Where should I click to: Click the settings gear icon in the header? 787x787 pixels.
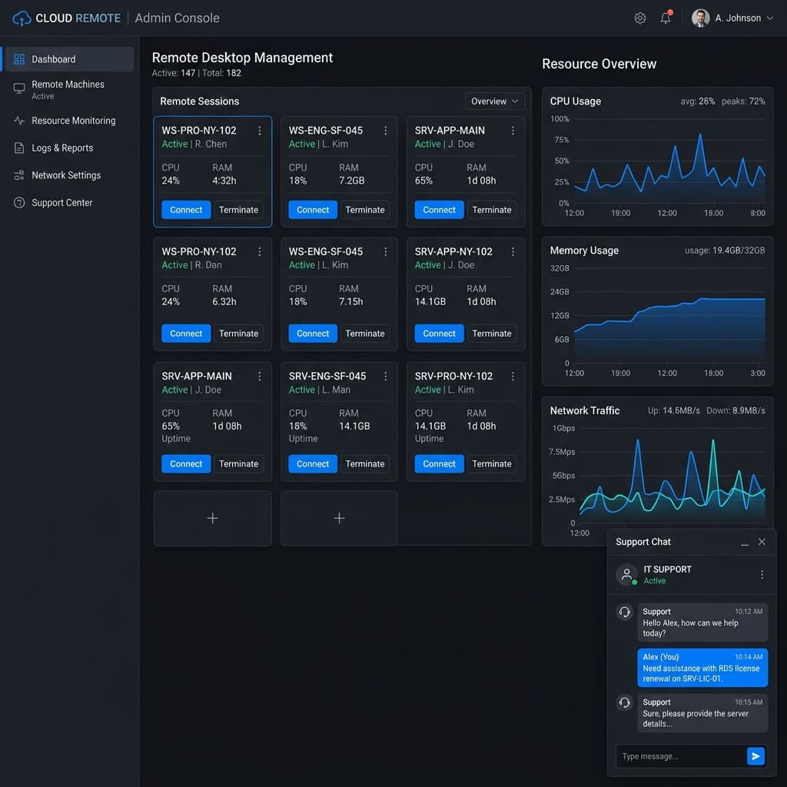639,18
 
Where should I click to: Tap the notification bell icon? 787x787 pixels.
666,18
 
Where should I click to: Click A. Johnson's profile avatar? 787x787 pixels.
700,18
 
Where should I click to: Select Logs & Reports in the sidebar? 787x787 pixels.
62,148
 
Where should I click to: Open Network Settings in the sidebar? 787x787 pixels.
66,175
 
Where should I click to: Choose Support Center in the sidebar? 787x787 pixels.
61,203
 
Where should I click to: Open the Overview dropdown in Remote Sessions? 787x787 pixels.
494,101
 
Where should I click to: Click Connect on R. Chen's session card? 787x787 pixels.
186,210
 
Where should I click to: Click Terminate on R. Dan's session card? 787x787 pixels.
238,334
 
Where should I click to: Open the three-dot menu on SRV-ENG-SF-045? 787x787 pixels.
386,376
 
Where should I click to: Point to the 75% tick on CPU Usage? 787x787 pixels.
562,140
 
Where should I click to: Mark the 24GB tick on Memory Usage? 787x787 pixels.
560,291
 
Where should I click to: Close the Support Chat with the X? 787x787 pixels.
762,542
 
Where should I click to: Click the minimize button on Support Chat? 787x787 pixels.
744,543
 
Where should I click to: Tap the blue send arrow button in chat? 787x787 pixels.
756,756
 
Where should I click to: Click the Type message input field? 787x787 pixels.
681,756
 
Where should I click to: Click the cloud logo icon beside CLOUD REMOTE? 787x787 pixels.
22,18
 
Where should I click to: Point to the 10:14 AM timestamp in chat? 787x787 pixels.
749,656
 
